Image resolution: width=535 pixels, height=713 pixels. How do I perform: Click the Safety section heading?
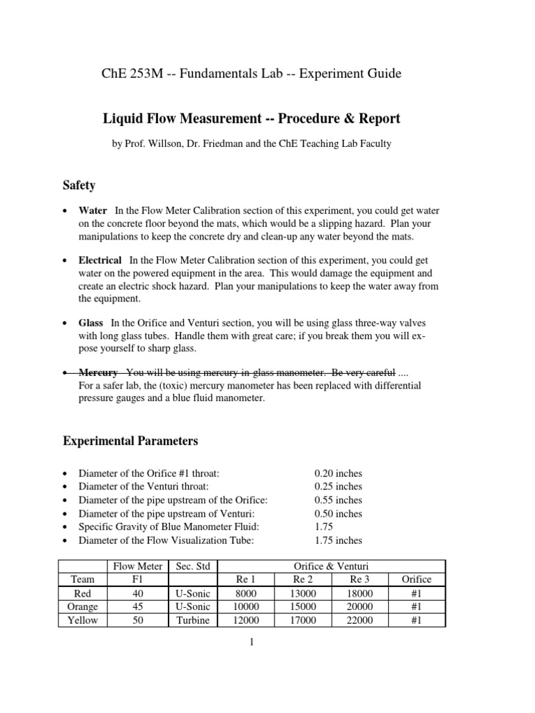tap(79, 186)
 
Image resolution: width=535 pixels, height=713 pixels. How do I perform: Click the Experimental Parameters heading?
tap(130, 441)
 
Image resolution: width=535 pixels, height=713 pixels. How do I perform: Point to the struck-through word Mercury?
tap(98, 373)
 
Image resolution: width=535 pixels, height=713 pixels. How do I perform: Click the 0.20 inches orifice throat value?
tap(338, 473)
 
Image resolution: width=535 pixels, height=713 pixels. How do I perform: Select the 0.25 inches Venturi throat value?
tap(338, 487)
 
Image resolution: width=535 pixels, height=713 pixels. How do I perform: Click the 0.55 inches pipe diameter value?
tap(338, 500)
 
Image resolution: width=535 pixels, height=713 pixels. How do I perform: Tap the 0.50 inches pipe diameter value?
tap(338, 514)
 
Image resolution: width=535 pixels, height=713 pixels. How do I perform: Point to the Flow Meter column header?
tap(137, 565)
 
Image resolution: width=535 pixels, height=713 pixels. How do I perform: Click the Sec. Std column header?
tap(191, 565)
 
